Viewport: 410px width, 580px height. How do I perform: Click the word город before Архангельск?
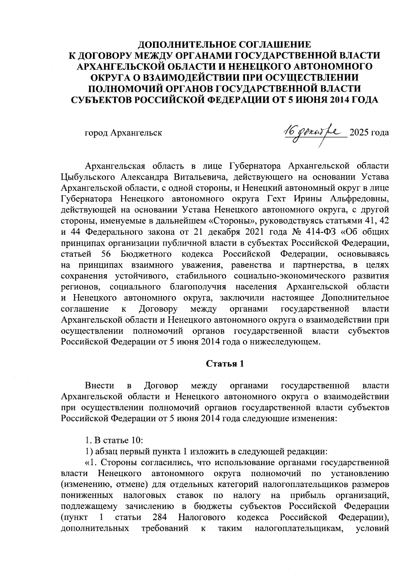(96, 133)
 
